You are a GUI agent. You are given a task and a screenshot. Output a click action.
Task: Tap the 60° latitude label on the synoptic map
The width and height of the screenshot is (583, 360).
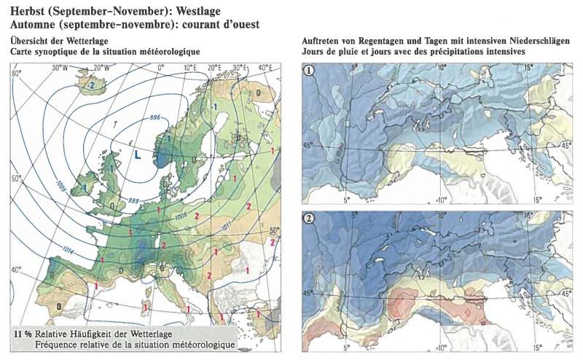17,74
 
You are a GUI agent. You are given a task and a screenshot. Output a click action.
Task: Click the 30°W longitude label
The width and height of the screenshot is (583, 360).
60,67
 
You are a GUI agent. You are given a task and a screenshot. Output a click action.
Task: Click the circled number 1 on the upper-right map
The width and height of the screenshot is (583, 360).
310,71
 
